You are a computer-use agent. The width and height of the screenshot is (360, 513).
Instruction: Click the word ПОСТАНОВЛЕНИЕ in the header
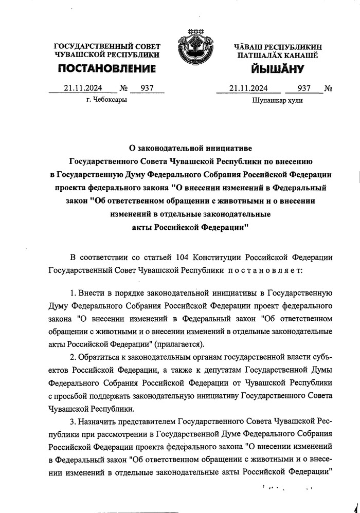[106, 69]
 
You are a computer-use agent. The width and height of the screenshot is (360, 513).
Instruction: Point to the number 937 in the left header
[147, 88]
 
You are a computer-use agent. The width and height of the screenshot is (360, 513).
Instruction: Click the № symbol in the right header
[328, 88]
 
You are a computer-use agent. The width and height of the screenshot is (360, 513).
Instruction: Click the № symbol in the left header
[123, 88]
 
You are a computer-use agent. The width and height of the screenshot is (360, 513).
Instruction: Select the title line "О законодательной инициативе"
[191, 148]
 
